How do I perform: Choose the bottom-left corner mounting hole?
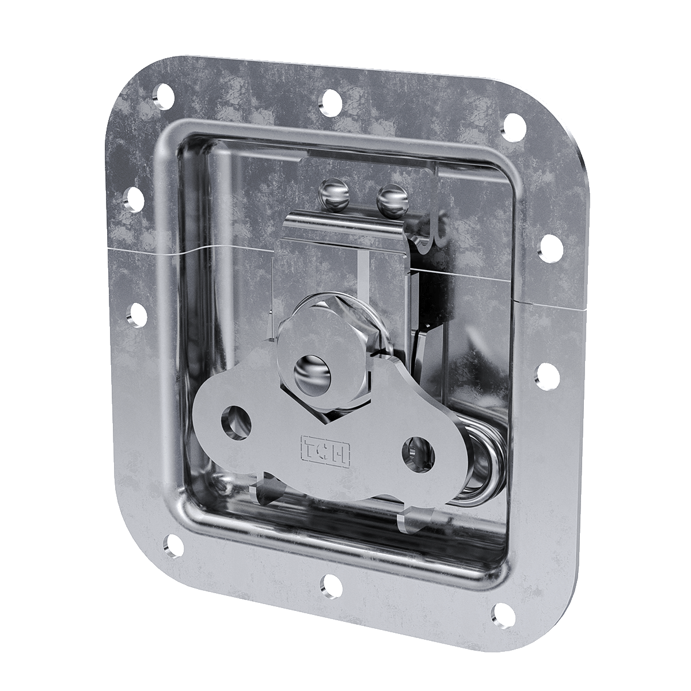172,542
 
